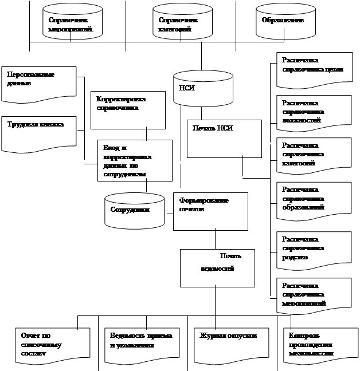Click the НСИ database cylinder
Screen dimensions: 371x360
pos(202,88)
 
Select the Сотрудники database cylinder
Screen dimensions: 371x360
pos(134,210)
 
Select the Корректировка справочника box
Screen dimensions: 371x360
pos(127,109)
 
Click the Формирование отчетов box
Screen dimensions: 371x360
pos(210,211)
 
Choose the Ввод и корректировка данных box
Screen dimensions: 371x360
pos(134,161)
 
